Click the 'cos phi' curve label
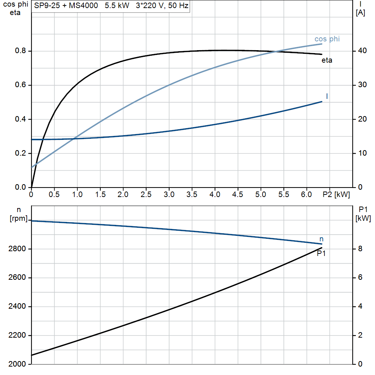tap(327, 39)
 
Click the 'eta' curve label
tap(327, 60)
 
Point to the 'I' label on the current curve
tap(327, 96)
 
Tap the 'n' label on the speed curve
tap(322, 239)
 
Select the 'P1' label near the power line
tap(321, 253)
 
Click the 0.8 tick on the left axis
tap(20, 51)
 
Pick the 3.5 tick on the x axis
tap(192, 195)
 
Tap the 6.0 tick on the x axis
tap(307, 195)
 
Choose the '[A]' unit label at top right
tap(360, 13)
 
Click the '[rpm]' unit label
tap(18, 219)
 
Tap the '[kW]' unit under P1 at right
tap(363, 219)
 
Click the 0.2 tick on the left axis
tap(20, 153)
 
